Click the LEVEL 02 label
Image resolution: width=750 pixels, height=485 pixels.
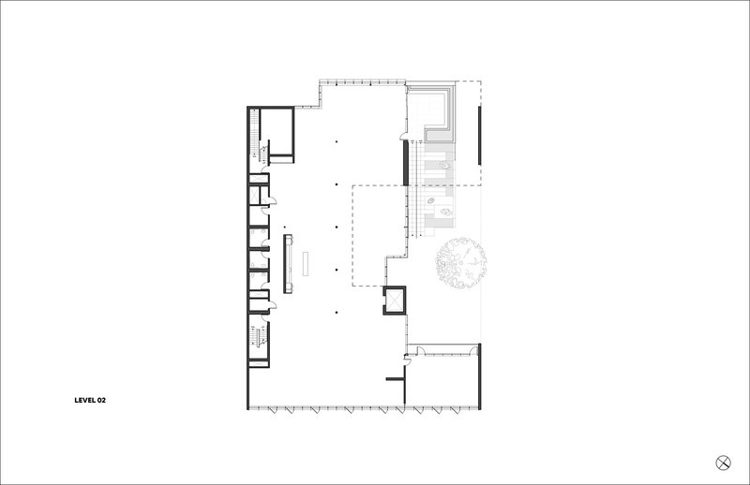(x=90, y=401)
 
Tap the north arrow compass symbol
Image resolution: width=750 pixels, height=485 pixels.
(x=723, y=463)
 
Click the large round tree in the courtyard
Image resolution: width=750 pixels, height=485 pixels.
(x=460, y=263)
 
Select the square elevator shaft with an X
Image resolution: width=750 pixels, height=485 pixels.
(x=394, y=301)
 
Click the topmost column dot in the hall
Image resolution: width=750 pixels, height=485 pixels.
(x=337, y=142)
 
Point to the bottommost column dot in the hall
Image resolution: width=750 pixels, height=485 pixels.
(x=337, y=313)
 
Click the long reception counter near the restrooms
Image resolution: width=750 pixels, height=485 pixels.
(x=288, y=264)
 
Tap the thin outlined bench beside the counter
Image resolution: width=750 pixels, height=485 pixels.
(x=306, y=264)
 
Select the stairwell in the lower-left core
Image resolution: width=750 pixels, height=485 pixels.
(x=259, y=336)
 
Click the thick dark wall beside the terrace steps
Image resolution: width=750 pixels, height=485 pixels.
(x=405, y=163)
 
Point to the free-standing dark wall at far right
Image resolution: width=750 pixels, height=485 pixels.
(x=479, y=136)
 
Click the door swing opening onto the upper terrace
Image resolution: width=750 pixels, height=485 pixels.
(x=404, y=135)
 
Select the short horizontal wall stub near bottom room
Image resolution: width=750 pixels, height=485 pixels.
(x=395, y=379)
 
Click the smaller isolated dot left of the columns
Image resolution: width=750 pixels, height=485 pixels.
(x=285, y=228)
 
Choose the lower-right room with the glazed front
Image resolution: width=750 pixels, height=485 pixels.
(x=442, y=381)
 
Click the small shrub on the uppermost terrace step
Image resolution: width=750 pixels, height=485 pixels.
(x=444, y=166)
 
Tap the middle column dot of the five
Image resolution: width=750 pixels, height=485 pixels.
(x=337, y=227)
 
